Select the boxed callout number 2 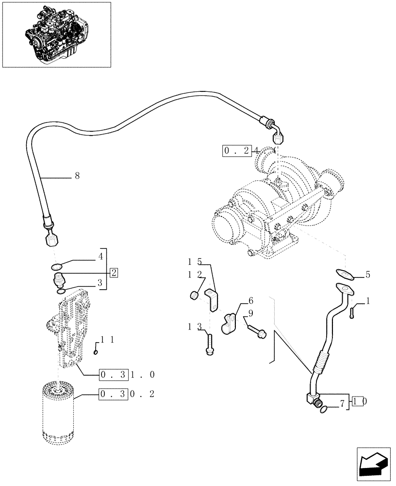114,272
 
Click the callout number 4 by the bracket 100,256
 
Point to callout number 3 99,282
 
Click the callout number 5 367,275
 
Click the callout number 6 251,300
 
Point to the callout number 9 251,313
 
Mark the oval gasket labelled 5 344,274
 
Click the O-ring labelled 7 323,411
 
